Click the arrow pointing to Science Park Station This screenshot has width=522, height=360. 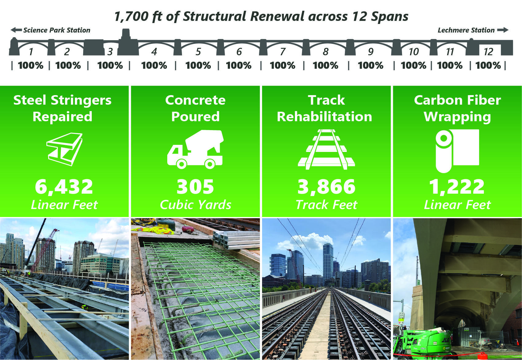(x=16, y=30)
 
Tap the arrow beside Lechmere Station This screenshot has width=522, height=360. (x=503, y=30)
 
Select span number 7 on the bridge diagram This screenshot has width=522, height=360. (x=283, y=52)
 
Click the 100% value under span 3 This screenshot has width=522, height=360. (x=110, y=65)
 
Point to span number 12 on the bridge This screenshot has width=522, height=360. (x=488, y=52)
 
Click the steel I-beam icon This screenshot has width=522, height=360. (x=64, y=149)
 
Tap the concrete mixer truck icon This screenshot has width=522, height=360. (x=195, y=149)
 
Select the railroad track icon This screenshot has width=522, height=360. (x=326, y=149)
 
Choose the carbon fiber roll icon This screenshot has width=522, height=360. (x=457, y=150)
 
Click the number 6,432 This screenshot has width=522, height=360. (x=64, y=187)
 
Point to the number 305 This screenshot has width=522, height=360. (x=195, y=187)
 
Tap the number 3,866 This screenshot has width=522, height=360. (x=327, y=187)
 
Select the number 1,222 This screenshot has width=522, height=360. (x=457, y=187)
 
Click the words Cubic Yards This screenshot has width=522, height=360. (x=195, y=205)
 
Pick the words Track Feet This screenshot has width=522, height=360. (x=327, y=205)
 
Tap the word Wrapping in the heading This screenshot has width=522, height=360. (x=457, y=117)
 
